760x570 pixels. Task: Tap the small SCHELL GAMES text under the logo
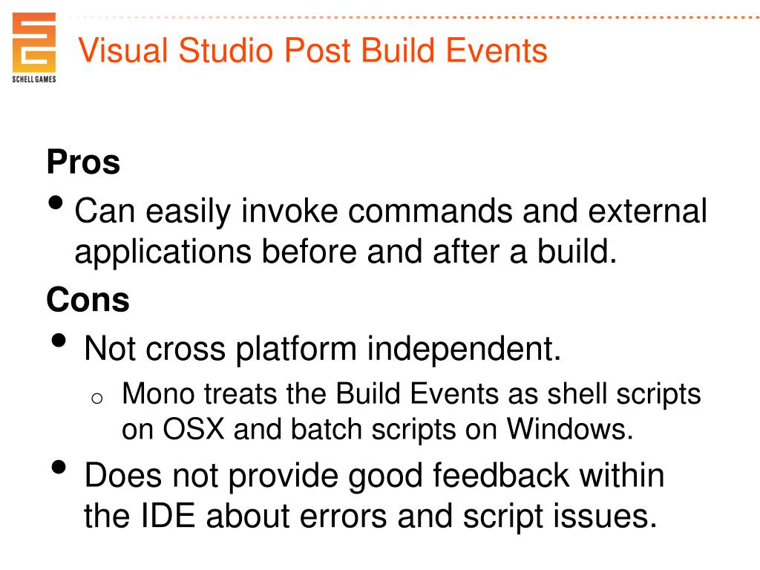pos(34,79)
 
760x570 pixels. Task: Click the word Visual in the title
pos(123,51)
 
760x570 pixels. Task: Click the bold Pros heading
pos(83,163)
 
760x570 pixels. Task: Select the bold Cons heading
pos(88,300)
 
